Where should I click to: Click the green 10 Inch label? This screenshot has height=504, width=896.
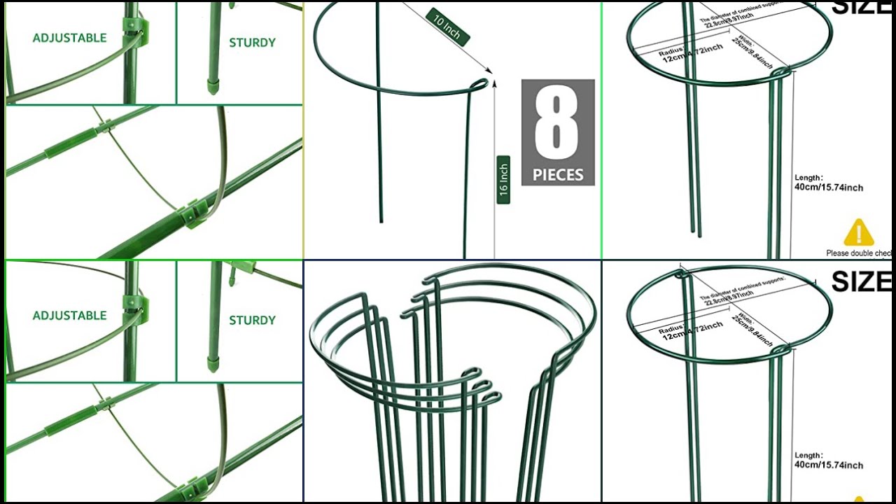pyautogui.click(x=447, y=27)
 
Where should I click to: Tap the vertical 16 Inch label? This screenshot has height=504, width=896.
pyautogui.click(x=503, y=180)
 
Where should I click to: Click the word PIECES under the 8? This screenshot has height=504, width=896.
pyautogui.click(x=557, y=175)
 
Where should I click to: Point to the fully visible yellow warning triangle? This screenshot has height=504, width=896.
pyautogui.click(x=858, y=233)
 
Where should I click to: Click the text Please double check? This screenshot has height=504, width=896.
pyautogui.click(x=858, y=253)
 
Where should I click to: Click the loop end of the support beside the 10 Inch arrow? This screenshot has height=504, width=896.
pyautogui.click(x=479, y=85)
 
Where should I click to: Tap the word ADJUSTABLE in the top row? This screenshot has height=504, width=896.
pyautogui.click(x=69, y=38)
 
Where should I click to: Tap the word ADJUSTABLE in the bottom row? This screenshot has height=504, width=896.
pyautogui.click(x=69, y=316)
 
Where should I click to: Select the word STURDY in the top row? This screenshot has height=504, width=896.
pyautogui.click(x=252, y=43)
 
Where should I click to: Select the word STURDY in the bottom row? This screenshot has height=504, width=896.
pyautogui.click(x=252, y=321)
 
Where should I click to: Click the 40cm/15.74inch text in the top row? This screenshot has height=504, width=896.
pyautogui.click(x=828, y=188)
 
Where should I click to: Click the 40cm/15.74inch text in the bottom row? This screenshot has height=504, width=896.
pyautogui.click(x=828, y=465)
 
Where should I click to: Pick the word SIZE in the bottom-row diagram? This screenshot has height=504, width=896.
pyautogui.click(x=861, y=281)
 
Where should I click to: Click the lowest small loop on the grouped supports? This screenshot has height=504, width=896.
pyautogui.click(x=491, y=398)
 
